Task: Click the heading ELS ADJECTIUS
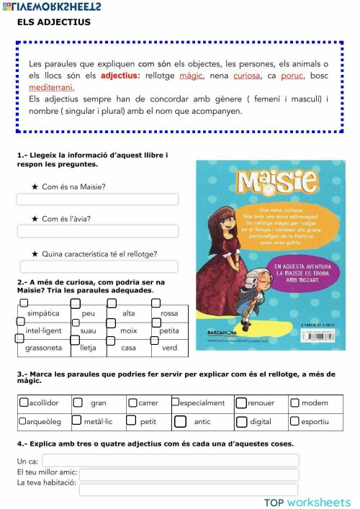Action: pos(54,22)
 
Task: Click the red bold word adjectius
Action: pos(120,75)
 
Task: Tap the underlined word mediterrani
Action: pos(51,87)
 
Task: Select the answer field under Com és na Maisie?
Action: pos(98,199)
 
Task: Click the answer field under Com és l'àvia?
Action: pos(98,231)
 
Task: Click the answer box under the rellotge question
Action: pos(98,266)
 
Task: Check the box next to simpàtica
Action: pos(21,305)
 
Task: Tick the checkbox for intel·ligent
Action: pos(21,321)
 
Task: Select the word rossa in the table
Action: pos(170,314)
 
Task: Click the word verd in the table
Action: pos(170,348)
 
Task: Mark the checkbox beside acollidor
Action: pos(24,403)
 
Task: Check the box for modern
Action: pos(294,403)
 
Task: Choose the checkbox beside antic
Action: pos(180,421)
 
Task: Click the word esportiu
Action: pos(315,421)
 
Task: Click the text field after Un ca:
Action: pos(170,460)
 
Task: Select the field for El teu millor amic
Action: pos(189,474)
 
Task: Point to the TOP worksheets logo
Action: pos(307,502)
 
